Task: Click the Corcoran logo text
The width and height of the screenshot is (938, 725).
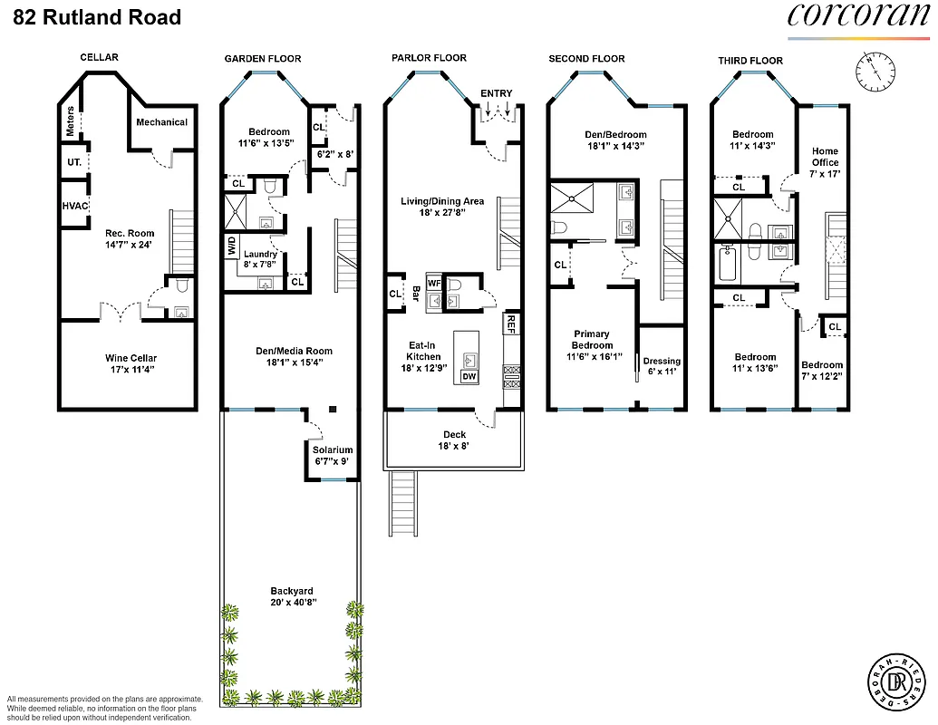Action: [856, 16]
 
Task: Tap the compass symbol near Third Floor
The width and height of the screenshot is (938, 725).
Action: [875, 68]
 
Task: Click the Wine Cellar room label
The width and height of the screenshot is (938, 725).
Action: [131, 358]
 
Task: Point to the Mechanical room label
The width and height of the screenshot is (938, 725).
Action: [161, 122]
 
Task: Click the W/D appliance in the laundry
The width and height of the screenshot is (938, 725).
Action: [232, 246]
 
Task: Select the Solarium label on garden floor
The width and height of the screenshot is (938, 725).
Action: [332, 449]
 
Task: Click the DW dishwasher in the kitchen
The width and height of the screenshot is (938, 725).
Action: [469, 376]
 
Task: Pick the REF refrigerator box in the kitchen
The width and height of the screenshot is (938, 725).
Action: [512, 322]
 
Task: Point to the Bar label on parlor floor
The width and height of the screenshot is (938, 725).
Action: [416, 295]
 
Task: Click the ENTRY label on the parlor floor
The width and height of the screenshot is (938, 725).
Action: [496, 93]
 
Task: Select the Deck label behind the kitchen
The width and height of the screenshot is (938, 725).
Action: [454, 435]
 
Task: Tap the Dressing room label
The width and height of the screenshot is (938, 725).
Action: [662, 361]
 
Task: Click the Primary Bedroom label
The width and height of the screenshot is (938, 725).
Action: [592, 340]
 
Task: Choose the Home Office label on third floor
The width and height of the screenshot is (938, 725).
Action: [825, 157]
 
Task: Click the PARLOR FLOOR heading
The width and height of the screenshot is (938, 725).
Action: [429, 58]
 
